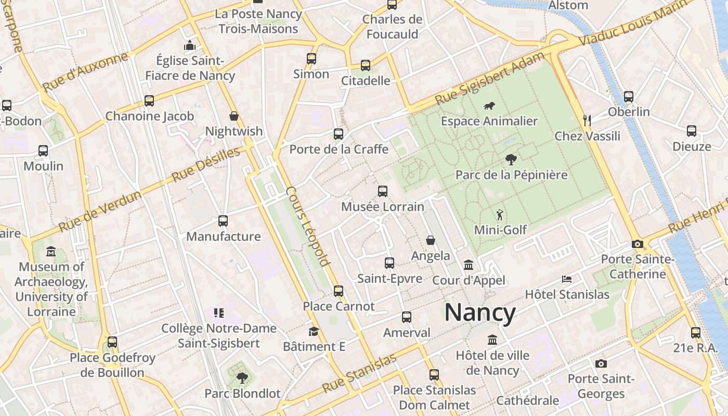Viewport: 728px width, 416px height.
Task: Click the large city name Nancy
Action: (480, 313)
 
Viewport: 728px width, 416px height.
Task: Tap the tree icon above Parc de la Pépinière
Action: (511, 160)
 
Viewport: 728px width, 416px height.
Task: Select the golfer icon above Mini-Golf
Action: (500, 214)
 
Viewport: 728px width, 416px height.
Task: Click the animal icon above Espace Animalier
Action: (489, 106)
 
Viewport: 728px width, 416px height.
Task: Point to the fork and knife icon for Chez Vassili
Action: (587, 121)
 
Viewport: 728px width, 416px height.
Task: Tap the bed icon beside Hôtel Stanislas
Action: (567, 279)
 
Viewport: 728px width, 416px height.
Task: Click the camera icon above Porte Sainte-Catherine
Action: (637, 244)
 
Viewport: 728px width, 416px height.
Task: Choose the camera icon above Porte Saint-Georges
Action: (601, 363)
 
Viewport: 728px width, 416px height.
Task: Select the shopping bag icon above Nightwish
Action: (234, 116)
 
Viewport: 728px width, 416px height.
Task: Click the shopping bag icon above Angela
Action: (431, 240)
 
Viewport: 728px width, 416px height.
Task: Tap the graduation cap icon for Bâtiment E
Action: (314, 331)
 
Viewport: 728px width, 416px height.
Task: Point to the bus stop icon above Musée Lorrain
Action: (383, 191)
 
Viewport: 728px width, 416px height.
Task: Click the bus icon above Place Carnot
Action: (339, 291)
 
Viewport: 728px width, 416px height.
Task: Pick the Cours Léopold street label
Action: (308, 226)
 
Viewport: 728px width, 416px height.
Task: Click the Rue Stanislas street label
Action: (359, 373)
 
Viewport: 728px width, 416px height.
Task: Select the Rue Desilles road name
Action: (206, 164)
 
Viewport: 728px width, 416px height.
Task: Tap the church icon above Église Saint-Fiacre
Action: (190, 45)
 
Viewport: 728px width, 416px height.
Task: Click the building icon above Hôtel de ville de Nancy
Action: (492, 340)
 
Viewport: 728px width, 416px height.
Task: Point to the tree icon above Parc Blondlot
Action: (242, 378)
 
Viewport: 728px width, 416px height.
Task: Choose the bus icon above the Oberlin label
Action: (629, 96)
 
